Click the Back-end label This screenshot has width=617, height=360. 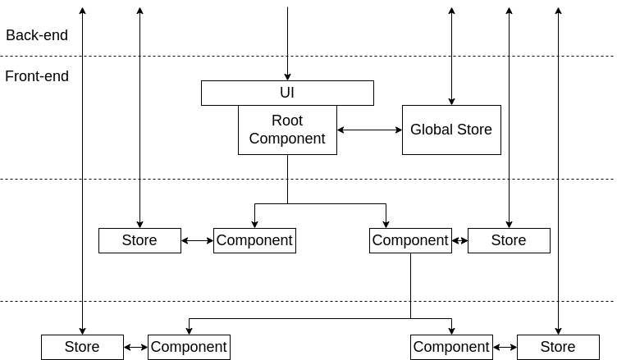tap(37, 35)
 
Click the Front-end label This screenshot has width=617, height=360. tap(37, 76)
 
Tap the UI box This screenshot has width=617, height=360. tap(287, 93)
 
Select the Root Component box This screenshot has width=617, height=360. tap(287, 130)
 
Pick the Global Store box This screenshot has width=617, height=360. tap(451, 130)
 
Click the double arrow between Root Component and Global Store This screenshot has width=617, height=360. tap(369, 130)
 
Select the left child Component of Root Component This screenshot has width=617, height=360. tap(254, 240)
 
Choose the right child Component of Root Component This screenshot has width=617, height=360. tap(410, 240)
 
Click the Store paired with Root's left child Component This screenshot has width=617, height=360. tap(139, 240)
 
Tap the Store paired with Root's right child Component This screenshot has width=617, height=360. tap(509, 240)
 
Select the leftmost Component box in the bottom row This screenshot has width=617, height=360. tap(189, 347)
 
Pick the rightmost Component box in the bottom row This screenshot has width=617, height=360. tap(451, 347)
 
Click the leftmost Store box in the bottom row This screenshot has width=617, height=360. tap(82, 347)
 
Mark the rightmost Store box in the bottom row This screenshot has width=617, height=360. tap(558, 347)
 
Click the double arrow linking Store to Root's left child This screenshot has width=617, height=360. tap(197, 240)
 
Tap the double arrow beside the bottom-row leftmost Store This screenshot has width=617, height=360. tap(135, 347)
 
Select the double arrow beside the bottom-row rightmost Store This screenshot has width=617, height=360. tap(505, 347)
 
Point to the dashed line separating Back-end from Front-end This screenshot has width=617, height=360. tap(164, 56)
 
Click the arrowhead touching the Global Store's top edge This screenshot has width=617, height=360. tap(451, 101)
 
